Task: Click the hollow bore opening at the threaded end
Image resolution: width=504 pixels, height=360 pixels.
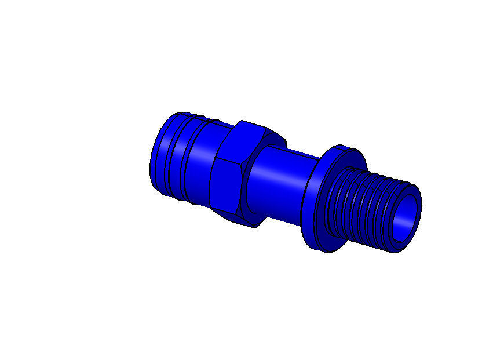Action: [x=405, y=219]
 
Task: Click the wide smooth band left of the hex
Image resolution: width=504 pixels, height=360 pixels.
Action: [x=200, y=165]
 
